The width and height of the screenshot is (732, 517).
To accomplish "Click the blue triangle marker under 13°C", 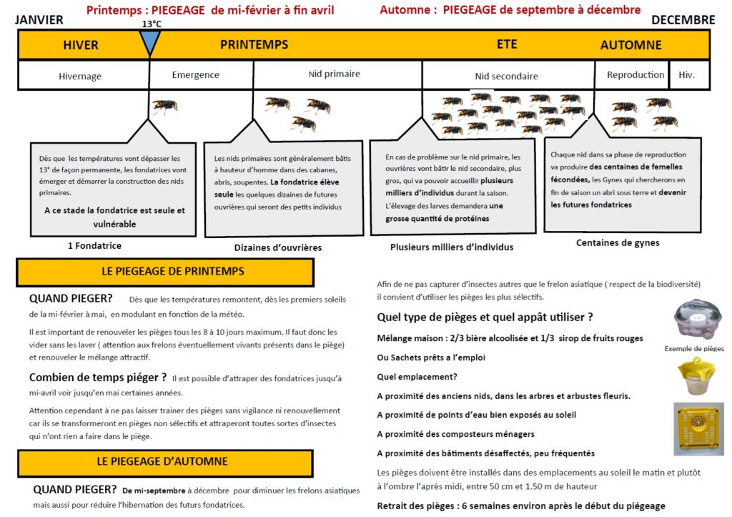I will coord(149,42).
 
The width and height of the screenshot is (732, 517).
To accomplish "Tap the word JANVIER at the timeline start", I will coord(39,20).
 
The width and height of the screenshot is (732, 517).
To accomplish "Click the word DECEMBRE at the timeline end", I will coord(683,20).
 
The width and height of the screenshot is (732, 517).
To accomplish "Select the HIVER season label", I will coord(81,45).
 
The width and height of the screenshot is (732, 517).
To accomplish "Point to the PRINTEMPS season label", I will coord(254,44).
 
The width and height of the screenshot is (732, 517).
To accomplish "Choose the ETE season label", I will coord(507,44).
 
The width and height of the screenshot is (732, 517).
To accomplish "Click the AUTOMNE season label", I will coord(630,45).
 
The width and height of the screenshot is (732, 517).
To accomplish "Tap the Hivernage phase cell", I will coord(80,76).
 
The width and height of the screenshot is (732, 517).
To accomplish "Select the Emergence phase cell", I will coord(196,75).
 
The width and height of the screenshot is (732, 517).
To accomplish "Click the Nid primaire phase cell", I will coord(335,74).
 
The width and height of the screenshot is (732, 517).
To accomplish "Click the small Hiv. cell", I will coord(686,75).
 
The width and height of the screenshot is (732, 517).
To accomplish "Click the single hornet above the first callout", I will coord(164,107).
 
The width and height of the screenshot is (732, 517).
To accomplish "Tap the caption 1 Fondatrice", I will coord(94,246).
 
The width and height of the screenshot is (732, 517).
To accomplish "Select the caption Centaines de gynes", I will coord(618,243).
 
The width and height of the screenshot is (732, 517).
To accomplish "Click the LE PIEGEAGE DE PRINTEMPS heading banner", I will coord(165,272).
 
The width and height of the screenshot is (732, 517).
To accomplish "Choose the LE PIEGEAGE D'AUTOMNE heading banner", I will coord(162,462).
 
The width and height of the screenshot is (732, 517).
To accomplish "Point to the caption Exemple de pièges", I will coord(694,349).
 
